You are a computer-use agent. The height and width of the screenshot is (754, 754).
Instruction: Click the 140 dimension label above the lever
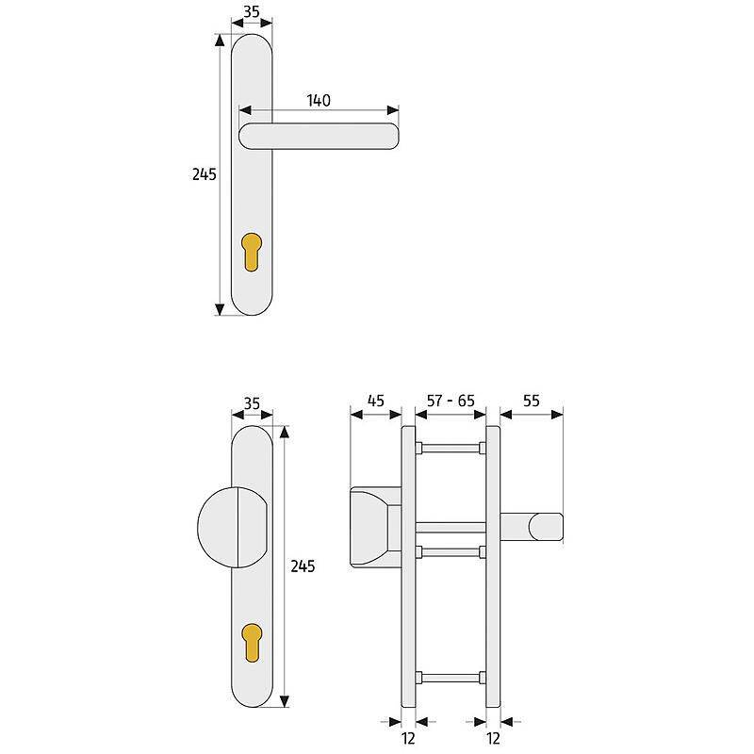point(318,100)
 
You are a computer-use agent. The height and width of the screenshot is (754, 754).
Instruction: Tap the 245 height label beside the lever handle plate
point(204,174)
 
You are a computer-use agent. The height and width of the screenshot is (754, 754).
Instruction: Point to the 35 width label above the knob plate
point(252,402)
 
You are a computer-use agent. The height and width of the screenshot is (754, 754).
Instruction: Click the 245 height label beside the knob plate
point(303,566)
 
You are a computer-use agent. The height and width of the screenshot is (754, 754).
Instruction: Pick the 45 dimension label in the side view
point(374,401)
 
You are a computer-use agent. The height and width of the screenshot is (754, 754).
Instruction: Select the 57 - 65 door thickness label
point(450,401)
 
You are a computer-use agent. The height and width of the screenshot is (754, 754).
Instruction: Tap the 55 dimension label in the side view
point(531,401)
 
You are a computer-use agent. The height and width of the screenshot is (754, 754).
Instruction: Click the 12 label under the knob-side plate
point(409,739)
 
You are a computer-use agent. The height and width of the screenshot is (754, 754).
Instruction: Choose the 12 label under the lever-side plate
point(493,739)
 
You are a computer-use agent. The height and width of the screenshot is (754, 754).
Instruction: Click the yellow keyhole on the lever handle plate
point(252,251)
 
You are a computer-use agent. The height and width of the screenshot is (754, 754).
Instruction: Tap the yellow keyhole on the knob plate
point(252,643)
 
